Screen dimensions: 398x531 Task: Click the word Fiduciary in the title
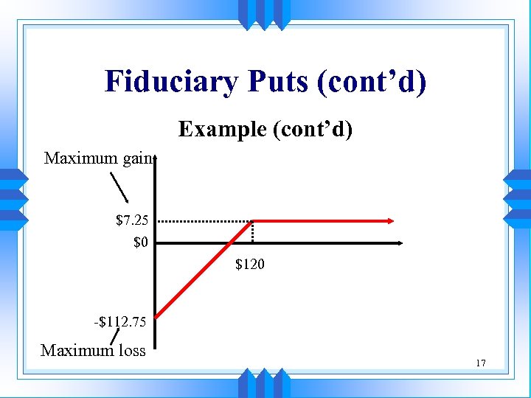[x=170, y=82]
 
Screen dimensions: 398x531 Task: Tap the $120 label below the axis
[x=250, y=263]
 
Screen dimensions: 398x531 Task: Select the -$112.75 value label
[x=120, y=321]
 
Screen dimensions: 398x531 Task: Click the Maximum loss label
[x=93, y=350]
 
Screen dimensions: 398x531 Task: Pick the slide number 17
[x=481, y=363]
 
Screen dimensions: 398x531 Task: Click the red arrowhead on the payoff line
[x=390, y=220]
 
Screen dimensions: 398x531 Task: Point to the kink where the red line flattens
[x=253, y=220]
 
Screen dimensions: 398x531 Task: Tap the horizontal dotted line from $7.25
[x=205, y=220]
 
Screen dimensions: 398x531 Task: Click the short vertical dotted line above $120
[x=253, y=231]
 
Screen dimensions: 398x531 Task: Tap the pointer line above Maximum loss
[x=116, y=336]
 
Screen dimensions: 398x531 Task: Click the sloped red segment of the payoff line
[x=206, y=268]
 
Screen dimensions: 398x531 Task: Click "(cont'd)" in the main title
[x=371, y=82]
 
